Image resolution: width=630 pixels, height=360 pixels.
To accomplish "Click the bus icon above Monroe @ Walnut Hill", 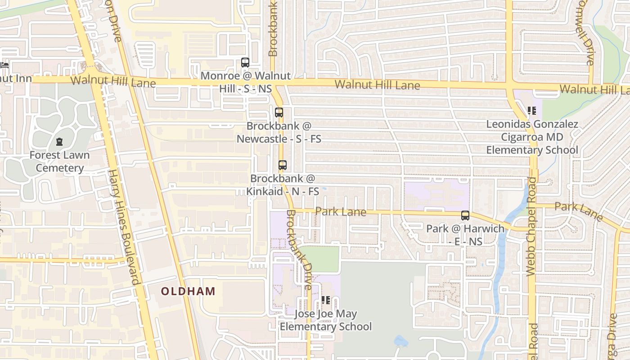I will (245, 63).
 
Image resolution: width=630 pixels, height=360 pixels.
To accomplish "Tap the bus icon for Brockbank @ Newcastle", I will (279, 112).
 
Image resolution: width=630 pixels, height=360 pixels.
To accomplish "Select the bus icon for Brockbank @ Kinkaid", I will (283, 165).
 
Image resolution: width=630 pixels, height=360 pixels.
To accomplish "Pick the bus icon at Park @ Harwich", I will (465, 216).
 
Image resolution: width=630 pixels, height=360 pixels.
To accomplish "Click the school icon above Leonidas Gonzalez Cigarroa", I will (532, 110).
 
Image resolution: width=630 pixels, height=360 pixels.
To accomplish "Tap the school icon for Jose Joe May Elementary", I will (326, 300).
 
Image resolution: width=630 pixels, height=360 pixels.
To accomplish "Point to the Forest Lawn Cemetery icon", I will (59, 142).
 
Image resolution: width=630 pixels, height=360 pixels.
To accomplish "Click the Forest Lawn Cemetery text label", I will (59, 162).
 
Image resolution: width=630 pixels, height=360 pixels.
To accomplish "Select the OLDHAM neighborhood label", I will (189, 291).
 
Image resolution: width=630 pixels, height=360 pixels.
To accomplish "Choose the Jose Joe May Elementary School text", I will (326, 320).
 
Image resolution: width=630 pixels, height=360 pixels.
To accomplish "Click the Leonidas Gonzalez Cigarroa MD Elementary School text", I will (532, 137).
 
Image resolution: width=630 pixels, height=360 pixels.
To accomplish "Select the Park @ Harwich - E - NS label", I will (465, 235).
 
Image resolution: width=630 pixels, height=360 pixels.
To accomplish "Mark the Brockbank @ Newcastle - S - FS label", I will (279, 132).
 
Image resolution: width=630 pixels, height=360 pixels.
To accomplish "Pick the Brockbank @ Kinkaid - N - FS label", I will (283, 185).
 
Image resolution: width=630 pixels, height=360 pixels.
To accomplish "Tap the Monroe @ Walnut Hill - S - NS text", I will (246, 82).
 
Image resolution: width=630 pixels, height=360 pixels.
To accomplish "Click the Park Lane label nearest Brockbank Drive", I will (341, 211).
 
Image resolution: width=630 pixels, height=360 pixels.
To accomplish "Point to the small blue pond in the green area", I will (401, 341).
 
